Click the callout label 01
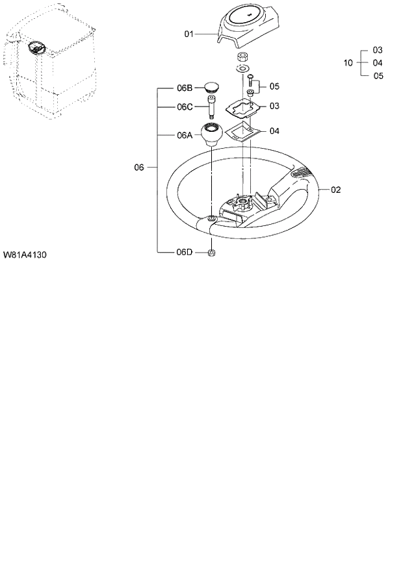[x=189, y=33]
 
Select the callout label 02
[x=336, y=190]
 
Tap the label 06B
[x=185, y=87]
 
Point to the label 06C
[x=185, y=107]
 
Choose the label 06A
[x=185, y=136]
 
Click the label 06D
[x=185, y=252]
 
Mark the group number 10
[x=348, y=63]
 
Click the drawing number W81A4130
[x=25, y=254]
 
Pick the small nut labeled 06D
[x=211, y=252]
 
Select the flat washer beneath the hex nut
[x=242, y=68]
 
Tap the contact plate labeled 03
[x=244, y=105]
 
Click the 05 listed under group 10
[x=378, y=76]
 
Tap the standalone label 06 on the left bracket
[x=139, y=168]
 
